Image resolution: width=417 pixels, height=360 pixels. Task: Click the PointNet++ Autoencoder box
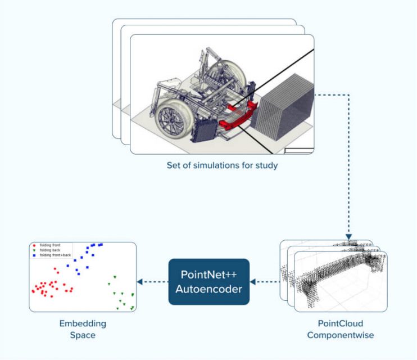click(208, 282)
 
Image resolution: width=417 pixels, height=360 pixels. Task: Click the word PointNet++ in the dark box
click(208, 274)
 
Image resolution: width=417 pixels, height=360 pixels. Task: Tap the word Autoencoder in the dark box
click(208, 289)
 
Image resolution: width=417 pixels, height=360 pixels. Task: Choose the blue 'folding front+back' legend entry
click(53, 255)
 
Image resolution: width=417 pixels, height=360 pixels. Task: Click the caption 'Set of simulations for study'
click(221, 166)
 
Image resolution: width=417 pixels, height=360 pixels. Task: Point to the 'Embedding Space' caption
click(83, 330)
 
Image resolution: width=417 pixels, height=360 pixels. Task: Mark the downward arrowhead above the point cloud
click(348, 236)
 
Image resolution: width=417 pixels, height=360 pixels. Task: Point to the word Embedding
click(83, 324)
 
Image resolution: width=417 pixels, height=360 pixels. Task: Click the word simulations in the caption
click(217, 166)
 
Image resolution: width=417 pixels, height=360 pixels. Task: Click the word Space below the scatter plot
click(83, 336)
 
